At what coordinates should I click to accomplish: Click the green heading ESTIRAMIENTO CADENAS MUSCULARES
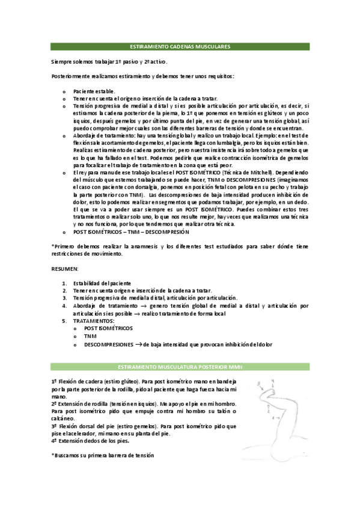[x=180, y=46]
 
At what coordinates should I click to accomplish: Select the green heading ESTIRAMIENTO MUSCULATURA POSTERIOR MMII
[x=180, y=366]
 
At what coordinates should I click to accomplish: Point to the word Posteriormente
[x=70, y=76]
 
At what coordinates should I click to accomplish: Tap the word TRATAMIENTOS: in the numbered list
[x=96, y=321]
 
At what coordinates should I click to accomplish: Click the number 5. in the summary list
[x=65, y=321]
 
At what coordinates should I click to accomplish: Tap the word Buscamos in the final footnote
[x=71, y=455]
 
